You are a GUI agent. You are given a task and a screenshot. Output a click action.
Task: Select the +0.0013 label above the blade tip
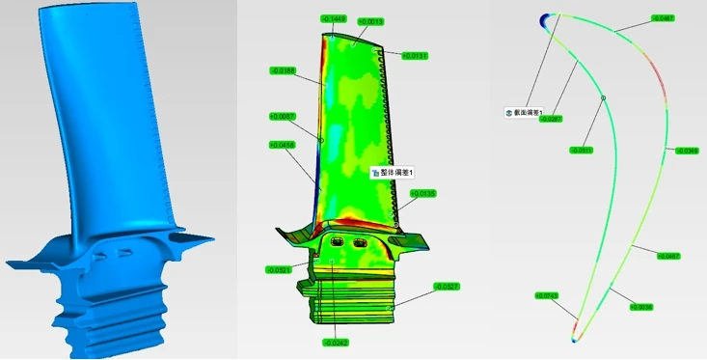click(371, 20)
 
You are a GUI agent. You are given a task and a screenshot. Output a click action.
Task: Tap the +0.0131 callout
click(415, 56)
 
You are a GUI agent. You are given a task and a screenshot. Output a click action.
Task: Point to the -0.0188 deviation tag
click(284, 70)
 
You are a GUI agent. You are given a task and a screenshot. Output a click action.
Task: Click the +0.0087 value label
click(283, 117)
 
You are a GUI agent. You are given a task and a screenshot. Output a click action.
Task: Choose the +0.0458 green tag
click(283, 146)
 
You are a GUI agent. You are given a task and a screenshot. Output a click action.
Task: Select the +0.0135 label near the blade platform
click(423, 194)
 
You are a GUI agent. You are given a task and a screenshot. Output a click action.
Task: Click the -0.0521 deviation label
click(279, 270)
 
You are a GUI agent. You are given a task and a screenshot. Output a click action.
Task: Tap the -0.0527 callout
click(447, 287)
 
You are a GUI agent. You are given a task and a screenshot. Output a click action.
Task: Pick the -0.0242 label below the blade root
click(336, 343)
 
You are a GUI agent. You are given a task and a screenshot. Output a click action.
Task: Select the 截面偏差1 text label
click(525, 112)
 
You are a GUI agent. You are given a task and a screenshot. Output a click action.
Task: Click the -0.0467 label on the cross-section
click(664, 18)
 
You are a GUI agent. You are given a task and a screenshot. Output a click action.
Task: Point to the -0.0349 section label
click(687, 151)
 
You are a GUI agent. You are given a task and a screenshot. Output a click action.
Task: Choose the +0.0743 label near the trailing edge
click(547, 295)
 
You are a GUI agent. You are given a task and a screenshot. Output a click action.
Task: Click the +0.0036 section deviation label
click(641, 308)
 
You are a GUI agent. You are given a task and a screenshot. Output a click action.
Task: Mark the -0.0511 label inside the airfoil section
click(582, 151)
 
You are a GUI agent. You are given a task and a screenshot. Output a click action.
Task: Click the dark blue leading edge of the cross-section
click(547, 19)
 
